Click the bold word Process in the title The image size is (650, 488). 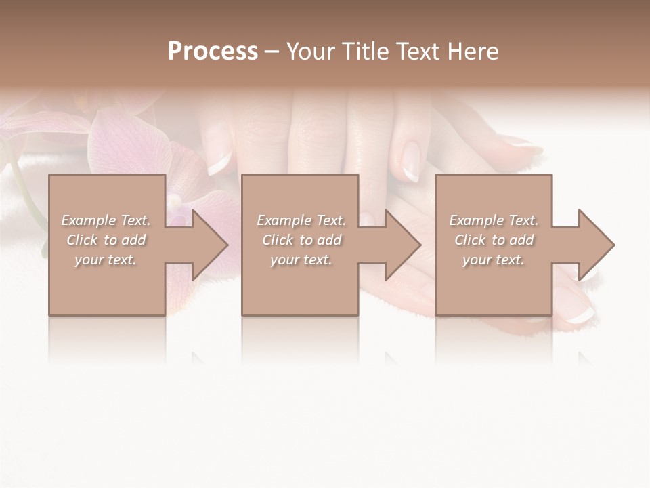pyautogui.click(x=213, y=52)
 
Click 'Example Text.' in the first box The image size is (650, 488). pyautogui.click(x=106, y=220)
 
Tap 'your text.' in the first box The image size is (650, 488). pyautogui.click(x=106, y=260)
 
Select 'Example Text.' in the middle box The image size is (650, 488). pyautogui.click(x=301, y=220)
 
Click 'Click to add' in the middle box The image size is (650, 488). pyautogui.click(x=301, y=240)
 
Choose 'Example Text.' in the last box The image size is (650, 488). pyautogui.click(x=494, y=220)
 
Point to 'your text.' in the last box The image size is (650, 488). pyautogui.click(x=494, y=260)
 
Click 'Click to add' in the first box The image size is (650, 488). pyautogui.click(x=106, y=240)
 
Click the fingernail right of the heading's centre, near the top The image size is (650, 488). pyautogui.click(x=411, y=160)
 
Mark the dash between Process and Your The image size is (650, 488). pyautogui.click(x=272, y=52)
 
